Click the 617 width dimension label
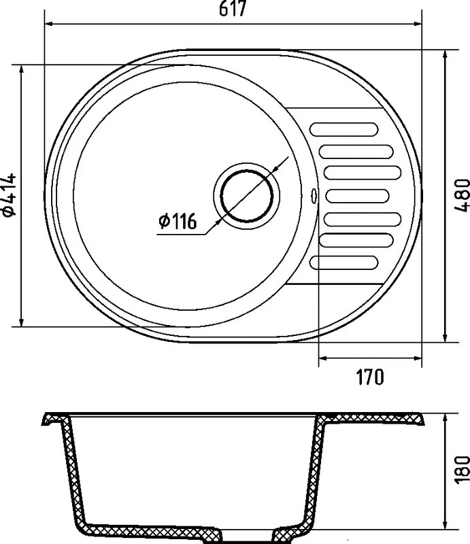click(233, 8)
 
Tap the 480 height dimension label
click(462, 194)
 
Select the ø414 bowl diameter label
click(10, 195)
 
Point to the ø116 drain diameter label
click(178, 221)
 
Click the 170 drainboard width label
click(370, 377)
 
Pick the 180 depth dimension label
click(462, 469)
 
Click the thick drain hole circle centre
click(246, 196)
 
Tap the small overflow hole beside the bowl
click(314, 196)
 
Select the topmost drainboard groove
click(343, 129)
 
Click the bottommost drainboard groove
click(343, 262)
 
